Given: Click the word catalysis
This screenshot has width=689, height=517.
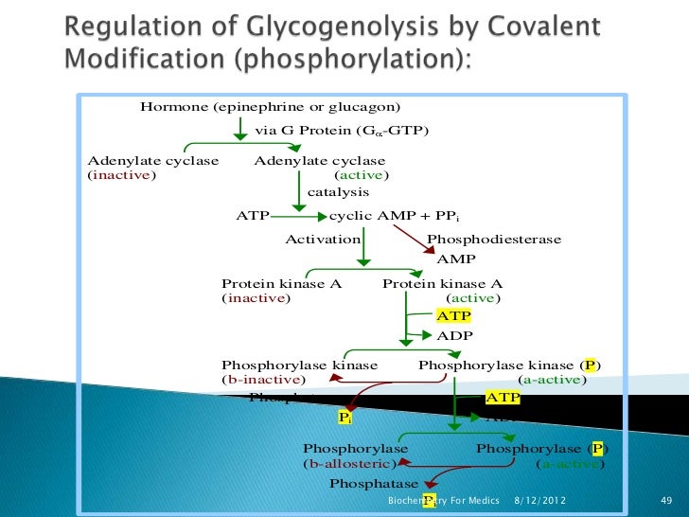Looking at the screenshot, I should [338, 192].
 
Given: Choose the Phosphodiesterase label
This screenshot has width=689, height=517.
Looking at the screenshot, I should [494, 240].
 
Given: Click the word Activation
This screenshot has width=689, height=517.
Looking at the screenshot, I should [323, 240].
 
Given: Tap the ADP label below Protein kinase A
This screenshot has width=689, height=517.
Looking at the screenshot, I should [453, 334].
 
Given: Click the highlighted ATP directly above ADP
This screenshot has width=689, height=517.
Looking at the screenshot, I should [452, 316].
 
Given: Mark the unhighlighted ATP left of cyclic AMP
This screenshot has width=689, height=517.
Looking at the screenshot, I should [253, 215].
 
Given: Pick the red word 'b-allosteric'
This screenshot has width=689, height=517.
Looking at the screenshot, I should [349, 464].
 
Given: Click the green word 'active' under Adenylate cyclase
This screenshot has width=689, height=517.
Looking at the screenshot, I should [362, 175].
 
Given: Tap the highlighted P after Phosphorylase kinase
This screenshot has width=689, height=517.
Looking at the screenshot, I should [591, 365].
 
